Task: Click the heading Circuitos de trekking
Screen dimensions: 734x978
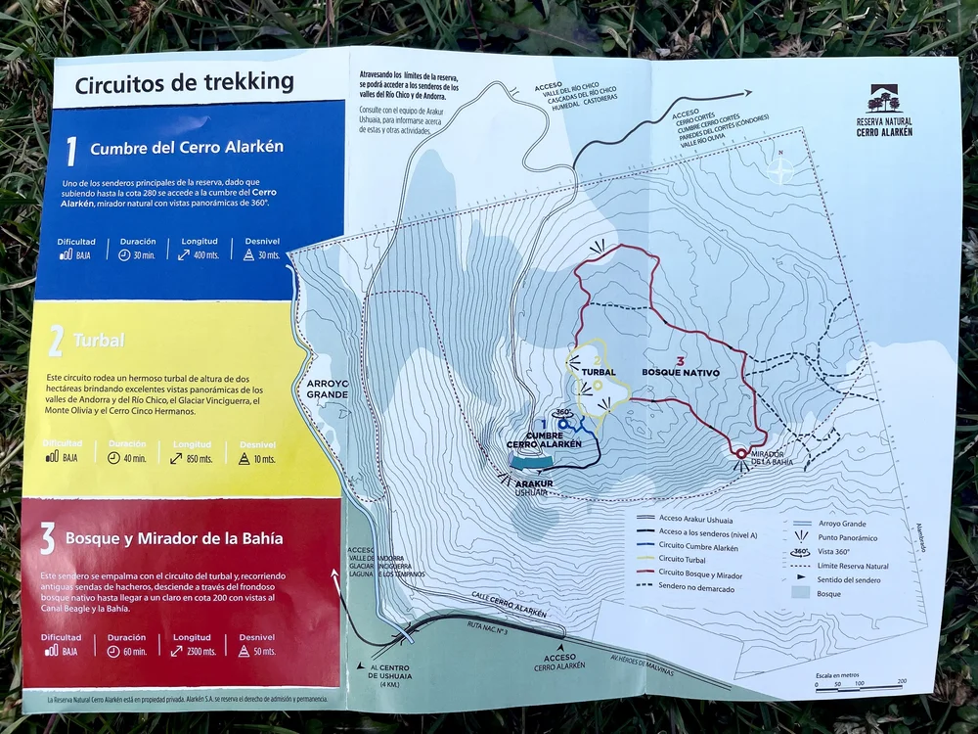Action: coord(184,82)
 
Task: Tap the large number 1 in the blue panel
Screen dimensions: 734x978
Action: coord(70,151)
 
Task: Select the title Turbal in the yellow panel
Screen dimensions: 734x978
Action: coord(98,342)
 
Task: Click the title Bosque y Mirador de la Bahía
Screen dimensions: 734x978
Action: coord(174,537)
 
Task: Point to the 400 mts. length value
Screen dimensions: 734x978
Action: coord(203,254)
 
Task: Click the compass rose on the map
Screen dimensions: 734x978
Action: coord(781,170)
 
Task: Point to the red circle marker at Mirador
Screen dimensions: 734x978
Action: coord(741,453)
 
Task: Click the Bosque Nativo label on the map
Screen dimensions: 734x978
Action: coord(681,372)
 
